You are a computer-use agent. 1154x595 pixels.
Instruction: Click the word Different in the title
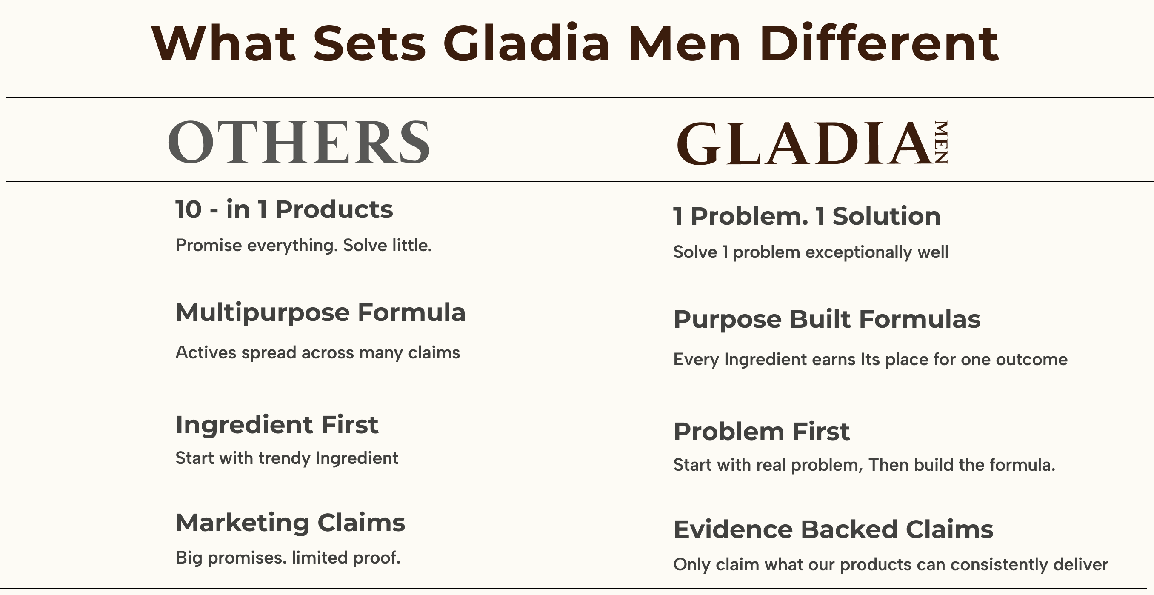pyautogui.click(x=879, y=43)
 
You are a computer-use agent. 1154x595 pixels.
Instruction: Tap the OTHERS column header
pyautogui.click(x=299, y=142)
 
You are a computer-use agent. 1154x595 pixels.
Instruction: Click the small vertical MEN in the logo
pyautogui.click(x=941, y=142)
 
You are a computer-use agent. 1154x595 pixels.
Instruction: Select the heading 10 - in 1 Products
pyautogui.click(x=284, y=209)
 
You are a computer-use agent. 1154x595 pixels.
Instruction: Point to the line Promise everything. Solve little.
pyautogui.click(x=303, y=246)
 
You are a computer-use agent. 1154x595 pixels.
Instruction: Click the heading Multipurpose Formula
pyautogui.click(x=320, y=312)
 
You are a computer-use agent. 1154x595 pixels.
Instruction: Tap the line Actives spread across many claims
pyautogui.click(x=317, y=352)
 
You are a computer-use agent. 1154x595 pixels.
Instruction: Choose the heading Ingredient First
pyautogui.click(x=277, y=425)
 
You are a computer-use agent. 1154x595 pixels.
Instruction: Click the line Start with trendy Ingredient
pyautogui.click(x=287, y=458)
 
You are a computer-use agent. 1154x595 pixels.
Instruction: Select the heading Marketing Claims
pyautogui.click(x=290, y=522)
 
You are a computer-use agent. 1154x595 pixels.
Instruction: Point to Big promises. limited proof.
pyautogui.click(x=288, y=558)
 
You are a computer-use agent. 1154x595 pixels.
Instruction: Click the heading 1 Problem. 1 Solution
pyautogui.click(x=807, y=216)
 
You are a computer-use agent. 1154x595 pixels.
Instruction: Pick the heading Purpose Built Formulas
pyautogui.click(x=827, y=320)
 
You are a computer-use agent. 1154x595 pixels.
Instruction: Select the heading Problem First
pyautogui.click(x=762, y=432)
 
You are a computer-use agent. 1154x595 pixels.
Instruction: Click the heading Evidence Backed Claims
pyautogui.click(x=833, y=529)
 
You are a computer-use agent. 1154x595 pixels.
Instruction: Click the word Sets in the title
pyautogui.click(x=369, y=43)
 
